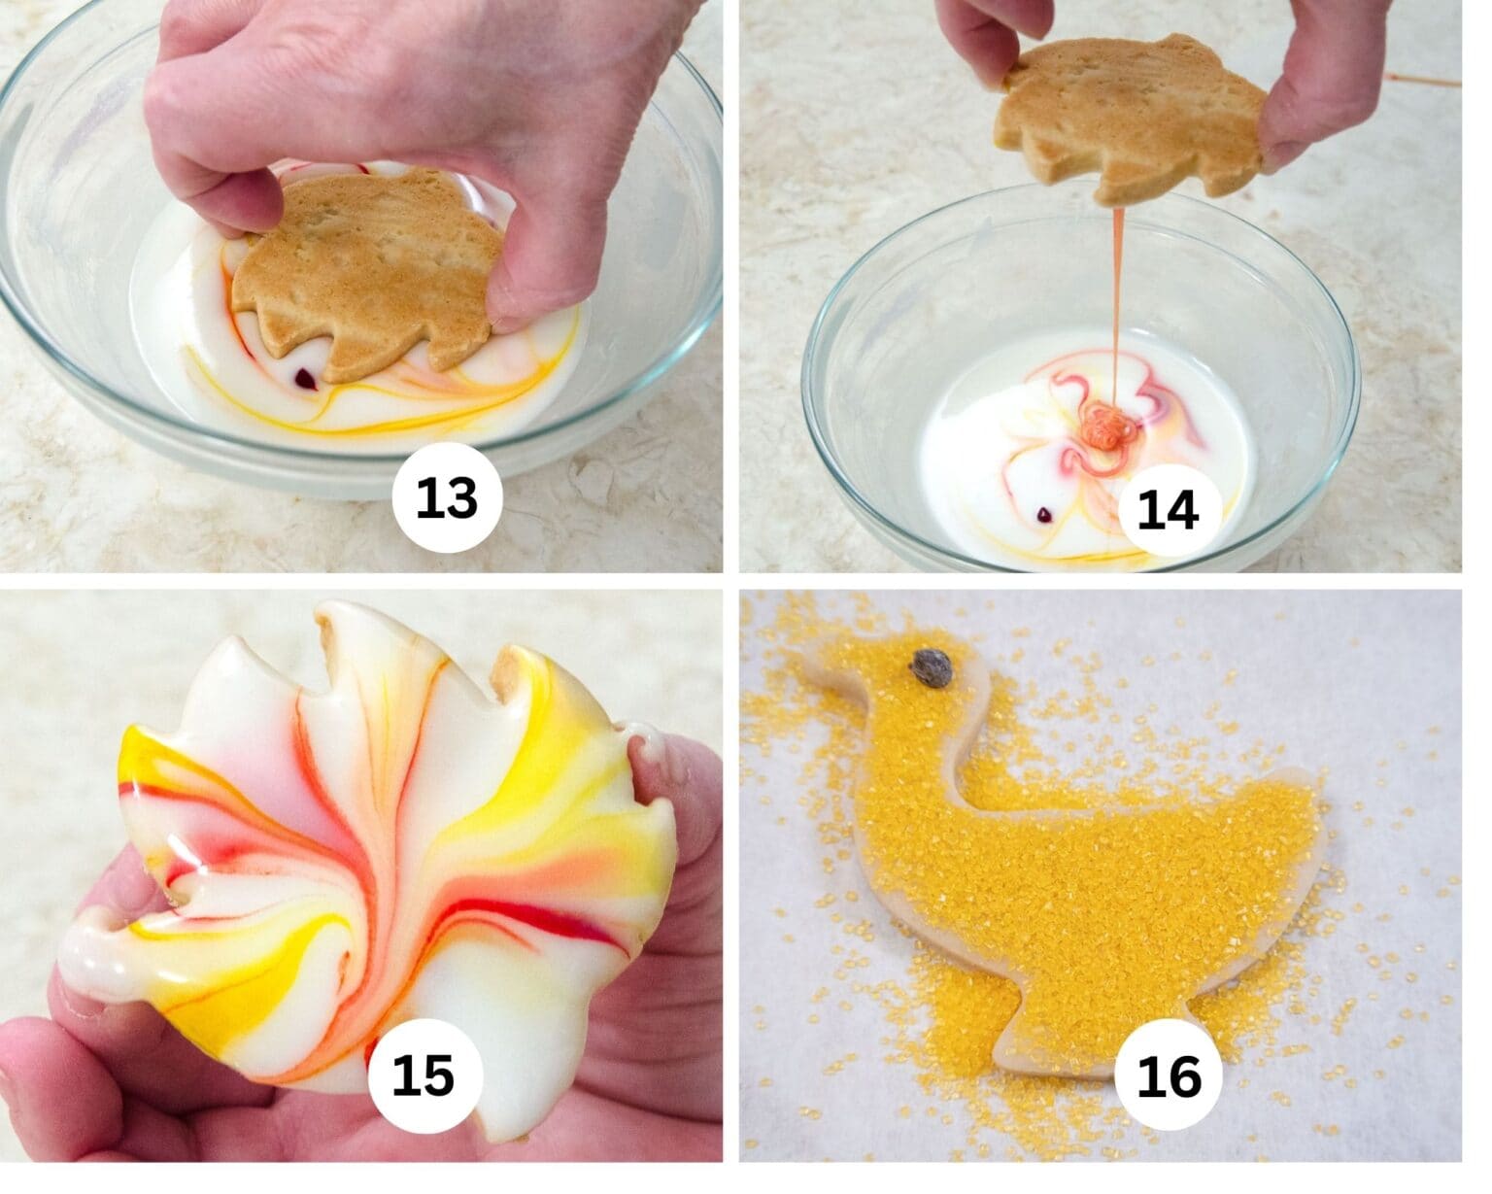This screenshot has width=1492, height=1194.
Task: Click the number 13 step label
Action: click(x=447, y=497)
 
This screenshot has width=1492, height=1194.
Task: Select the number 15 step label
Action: click(x=424, y=1075)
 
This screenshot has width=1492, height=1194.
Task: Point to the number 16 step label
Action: click(x=1169, y=1075)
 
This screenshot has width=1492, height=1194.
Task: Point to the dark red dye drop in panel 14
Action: click(x=1045, y=511)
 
